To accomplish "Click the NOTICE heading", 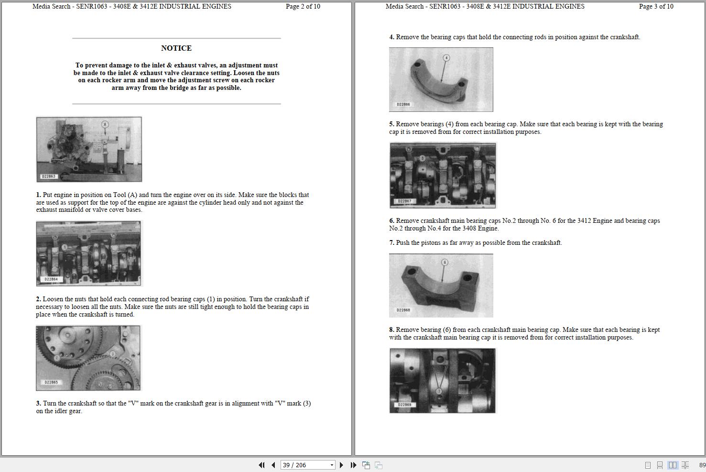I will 176,48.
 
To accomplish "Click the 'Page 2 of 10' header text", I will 303,6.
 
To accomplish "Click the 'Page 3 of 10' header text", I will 656,6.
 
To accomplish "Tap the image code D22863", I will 49,176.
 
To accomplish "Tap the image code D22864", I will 51,279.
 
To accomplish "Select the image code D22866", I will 403,104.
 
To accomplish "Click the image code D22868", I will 403,310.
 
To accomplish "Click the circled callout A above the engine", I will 105,124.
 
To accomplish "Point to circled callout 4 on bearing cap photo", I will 446,58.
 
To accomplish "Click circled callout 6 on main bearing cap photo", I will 445,262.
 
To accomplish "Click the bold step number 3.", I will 38,404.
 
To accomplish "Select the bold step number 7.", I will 391,243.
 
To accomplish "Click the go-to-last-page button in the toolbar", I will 353,465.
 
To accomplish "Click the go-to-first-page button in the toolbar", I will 261,465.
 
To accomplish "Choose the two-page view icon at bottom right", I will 673,465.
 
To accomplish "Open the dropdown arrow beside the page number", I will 332,465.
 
